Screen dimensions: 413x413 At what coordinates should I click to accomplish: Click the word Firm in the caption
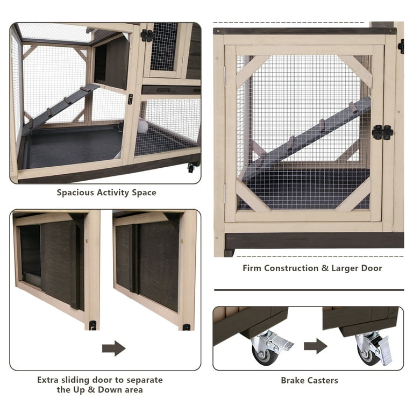pyautogui.click(x=252, y=268)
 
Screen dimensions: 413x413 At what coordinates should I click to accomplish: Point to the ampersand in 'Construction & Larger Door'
pyautogui.click(x=325, y=268)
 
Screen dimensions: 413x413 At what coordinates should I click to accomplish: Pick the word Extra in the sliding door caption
pyautogui.click(x=48, y=380)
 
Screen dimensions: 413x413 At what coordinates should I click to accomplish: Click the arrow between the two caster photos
pyautogui.click(x=316, y=346)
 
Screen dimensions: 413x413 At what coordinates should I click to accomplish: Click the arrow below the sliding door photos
pyautogui.click(x=114, y=348)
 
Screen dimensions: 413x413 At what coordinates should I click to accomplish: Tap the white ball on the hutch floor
pyautogui.click(x=143, y=126)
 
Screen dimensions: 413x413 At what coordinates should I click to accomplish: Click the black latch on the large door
pyautogui.click(x=383, y=132)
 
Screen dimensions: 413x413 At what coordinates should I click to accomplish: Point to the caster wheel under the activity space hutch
pyautogui.click(x=191, y=168)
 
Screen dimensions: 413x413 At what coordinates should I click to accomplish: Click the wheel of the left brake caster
pyautogui.click(x=265, y=355)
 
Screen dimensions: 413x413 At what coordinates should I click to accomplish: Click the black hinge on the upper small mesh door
pyautogui.click(x=147, y=35)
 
